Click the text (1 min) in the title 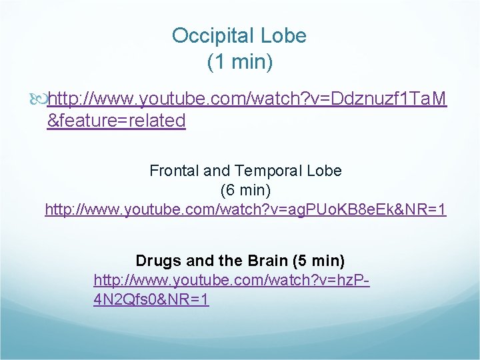(x=240, y=63)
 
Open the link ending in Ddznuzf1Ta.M (x=247, y=100)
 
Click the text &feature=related (x=116, y=121)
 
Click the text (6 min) (x=245, y=190)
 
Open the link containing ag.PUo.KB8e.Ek (x=245, y=210)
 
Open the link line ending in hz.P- (x=231, y=280)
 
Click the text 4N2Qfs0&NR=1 (x=151, y=300)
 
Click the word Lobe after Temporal (x=325, y=171)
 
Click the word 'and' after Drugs (x=197, y=260)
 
